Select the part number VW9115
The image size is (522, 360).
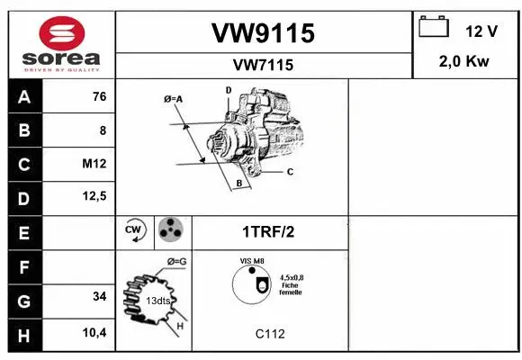click(x=263, y=33)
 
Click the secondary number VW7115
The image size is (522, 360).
click(x=263, y=65)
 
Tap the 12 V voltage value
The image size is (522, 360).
click(x=481, y=31)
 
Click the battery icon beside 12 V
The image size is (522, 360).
click(x=435, y=28)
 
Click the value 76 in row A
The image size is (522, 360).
click(x=99, y=97)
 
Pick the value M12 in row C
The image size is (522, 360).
click(x=94, y=163)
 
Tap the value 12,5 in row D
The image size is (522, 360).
click(x=95, y=197)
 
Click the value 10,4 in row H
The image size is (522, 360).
click(x=95, y=333)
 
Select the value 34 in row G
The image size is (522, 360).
click(x=99, y=296)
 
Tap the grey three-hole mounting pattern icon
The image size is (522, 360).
click(x=169, y=230)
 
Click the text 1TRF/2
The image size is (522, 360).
click(x=268, y=231)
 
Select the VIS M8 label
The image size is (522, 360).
click(x=252, y=262)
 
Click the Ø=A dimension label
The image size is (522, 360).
click(x=174, y=98)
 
